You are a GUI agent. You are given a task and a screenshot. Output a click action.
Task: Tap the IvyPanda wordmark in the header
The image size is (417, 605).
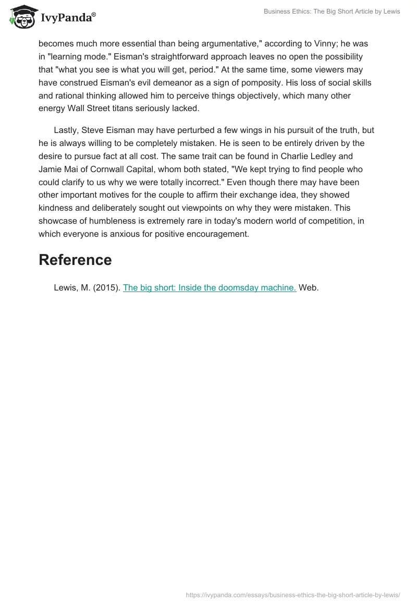(66, 18)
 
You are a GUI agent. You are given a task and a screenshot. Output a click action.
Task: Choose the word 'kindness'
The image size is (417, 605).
(57, 208)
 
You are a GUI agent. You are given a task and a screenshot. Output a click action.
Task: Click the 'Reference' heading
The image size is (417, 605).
(75, 260)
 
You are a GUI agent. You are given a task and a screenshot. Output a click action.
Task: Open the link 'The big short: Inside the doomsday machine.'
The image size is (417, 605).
(210, 287)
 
